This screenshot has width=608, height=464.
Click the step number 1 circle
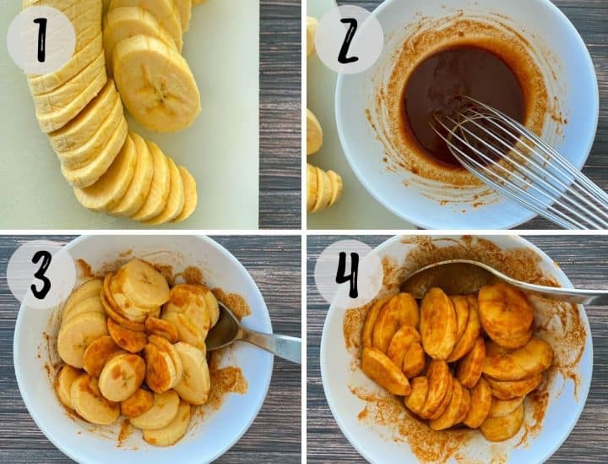[x=41, y=40]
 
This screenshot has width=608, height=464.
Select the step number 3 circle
[x=41, y=275]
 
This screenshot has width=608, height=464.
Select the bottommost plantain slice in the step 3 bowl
[x=166, y=431]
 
